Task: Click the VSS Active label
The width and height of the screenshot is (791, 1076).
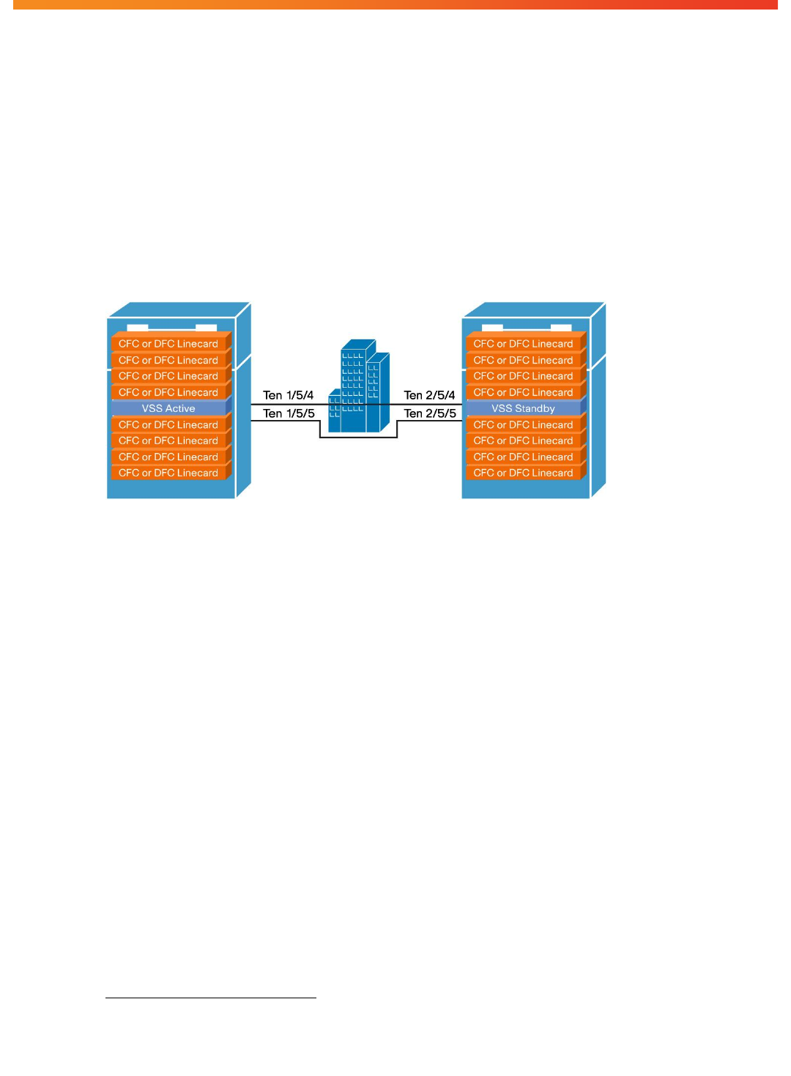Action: [x=168, y=408]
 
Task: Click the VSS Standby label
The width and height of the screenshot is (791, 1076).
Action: [x=523, y=408]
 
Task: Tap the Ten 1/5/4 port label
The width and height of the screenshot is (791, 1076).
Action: [x=288, y=395]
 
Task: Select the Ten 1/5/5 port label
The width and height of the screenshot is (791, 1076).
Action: [x=289, y=413]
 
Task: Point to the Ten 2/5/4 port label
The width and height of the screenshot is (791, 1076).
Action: [x=429, y=395]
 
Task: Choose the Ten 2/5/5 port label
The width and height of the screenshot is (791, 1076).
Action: [x=430, y=413]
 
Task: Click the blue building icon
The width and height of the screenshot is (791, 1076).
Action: [x=359, y=386]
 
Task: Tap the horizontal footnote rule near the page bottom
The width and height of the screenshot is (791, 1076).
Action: [x=211, y=998]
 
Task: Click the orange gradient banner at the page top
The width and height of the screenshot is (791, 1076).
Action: [x=395, y=4]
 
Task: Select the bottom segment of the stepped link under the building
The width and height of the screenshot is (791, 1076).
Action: [x=359, y=437]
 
